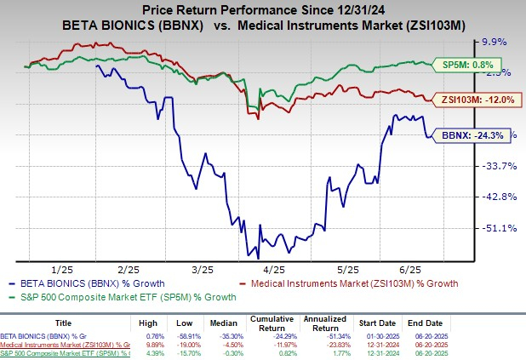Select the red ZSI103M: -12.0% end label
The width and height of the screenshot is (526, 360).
(x=472, y=99)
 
